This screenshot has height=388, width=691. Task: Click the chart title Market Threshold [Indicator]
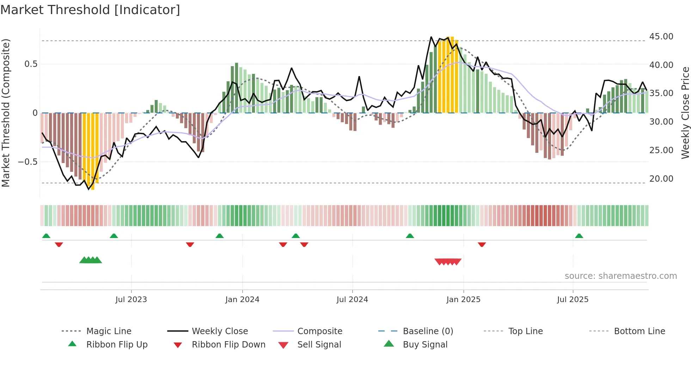click(90, 10)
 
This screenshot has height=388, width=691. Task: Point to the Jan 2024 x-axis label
click(242, 300)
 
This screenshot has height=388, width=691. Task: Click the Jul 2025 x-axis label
click(573, 300)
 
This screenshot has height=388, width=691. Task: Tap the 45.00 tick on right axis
click(661, 37)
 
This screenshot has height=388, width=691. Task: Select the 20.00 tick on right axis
click(661, 179)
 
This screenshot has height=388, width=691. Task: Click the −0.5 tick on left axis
click(27, 162)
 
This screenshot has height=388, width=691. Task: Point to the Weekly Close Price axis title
click(685, 113)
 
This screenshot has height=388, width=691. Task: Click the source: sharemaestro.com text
click(620, 276)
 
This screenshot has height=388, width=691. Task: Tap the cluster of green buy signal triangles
click(91, 260)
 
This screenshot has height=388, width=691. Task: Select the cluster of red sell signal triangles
click(448, 262)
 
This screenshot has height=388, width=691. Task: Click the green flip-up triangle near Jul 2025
click(579, 236)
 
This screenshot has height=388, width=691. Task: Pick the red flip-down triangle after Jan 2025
click(482, 244)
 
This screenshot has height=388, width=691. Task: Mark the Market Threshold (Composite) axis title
click(6, 113)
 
